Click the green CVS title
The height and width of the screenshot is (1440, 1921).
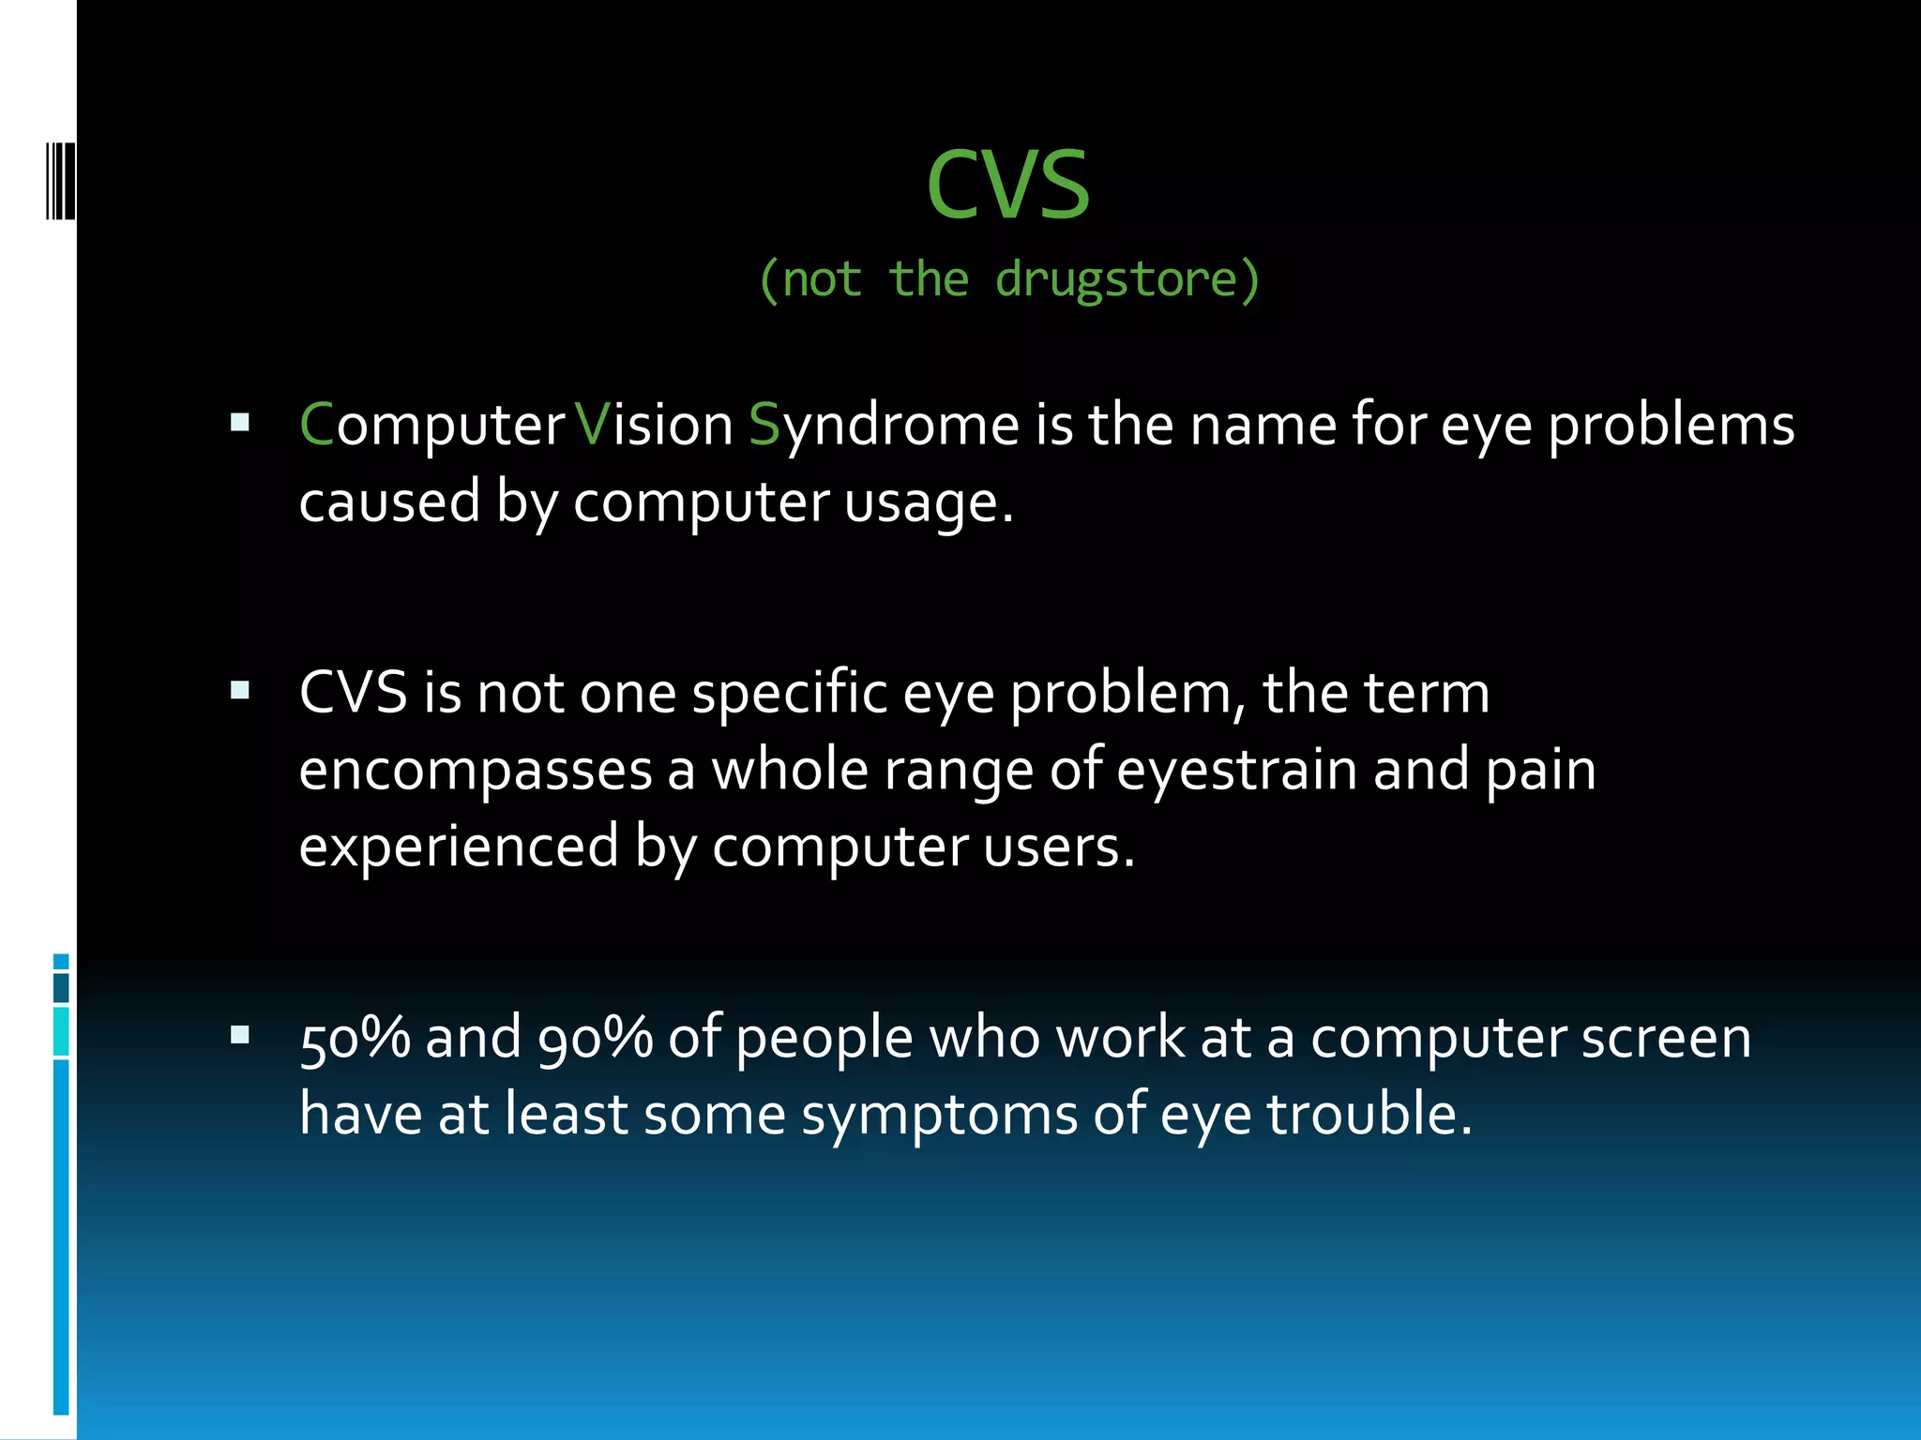1008,186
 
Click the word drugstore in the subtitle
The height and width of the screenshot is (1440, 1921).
1116,279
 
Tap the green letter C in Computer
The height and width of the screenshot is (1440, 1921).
316,425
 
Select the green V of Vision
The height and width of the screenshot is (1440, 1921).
592,425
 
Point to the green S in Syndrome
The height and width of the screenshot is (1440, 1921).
764,425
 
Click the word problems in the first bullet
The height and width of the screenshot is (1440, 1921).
1671,427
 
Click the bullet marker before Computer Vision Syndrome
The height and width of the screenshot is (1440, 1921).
240,423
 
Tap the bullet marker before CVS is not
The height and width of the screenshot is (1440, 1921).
240,691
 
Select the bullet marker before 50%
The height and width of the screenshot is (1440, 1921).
240,1035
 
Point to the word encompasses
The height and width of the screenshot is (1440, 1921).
475,772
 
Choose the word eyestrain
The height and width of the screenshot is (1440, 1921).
1237,772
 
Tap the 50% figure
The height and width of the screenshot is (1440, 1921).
355,1039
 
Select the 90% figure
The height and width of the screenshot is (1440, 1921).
595,1039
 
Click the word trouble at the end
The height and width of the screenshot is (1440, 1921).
1369,1115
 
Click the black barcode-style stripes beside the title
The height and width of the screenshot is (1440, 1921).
60,180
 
